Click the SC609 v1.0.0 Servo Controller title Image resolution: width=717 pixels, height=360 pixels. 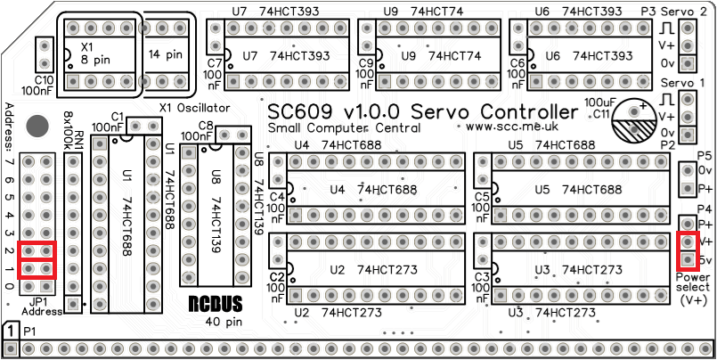423,113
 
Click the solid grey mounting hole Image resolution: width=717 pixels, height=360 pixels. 37,125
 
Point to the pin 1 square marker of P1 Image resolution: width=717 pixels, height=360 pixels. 11,331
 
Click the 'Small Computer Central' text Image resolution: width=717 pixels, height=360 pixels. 330,128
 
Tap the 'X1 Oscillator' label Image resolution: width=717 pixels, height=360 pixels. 194,108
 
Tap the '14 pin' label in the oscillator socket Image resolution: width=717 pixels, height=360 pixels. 165,53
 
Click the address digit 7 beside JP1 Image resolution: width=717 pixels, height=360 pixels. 9,162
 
